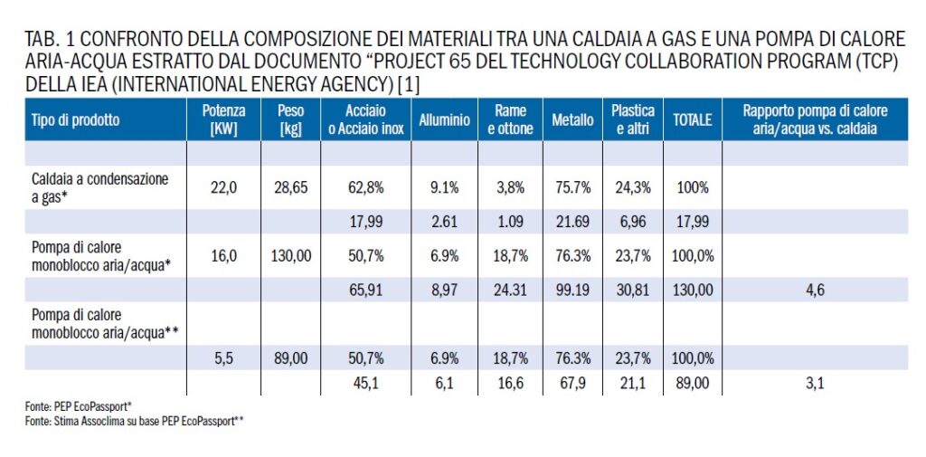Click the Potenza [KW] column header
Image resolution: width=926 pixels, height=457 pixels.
(223, 120)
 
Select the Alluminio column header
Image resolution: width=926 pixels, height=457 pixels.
(445, 120)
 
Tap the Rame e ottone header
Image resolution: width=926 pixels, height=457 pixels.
(510, 120)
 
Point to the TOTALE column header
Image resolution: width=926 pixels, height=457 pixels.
(692, 120)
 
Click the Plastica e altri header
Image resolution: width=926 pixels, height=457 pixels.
(632, 120)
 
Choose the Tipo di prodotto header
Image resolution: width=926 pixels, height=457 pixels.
(76, 120)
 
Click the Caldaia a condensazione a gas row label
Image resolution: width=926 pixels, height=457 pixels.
(99, 187)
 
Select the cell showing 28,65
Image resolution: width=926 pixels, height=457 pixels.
(290, 188)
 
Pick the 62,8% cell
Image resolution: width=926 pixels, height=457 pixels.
(365, 188)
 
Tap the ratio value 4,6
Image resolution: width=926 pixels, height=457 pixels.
(817, 290)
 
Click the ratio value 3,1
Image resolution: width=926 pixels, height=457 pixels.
(817, 384)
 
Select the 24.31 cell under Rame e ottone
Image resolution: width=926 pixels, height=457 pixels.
(510, 290)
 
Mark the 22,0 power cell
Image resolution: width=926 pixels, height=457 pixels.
(224, 188)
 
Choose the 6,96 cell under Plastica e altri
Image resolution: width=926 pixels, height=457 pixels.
(632, 223)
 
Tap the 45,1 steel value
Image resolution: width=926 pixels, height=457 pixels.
(366, 384)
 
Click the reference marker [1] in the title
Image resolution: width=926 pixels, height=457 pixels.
(410, 86)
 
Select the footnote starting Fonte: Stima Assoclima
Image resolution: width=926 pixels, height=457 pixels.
(135, 421)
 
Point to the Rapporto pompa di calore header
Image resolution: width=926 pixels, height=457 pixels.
(816, 120)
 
